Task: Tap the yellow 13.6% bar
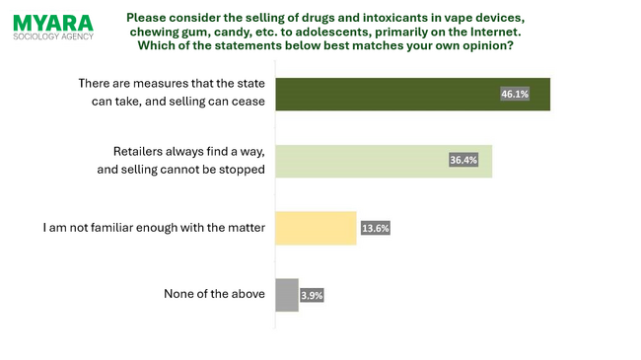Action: (314, 228)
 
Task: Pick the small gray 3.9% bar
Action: (285, 294)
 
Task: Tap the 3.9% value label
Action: (312, 294)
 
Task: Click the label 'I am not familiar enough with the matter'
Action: (155, 228)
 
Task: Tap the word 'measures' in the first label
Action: (158, 85)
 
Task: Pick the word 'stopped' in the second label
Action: (242, 169)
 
